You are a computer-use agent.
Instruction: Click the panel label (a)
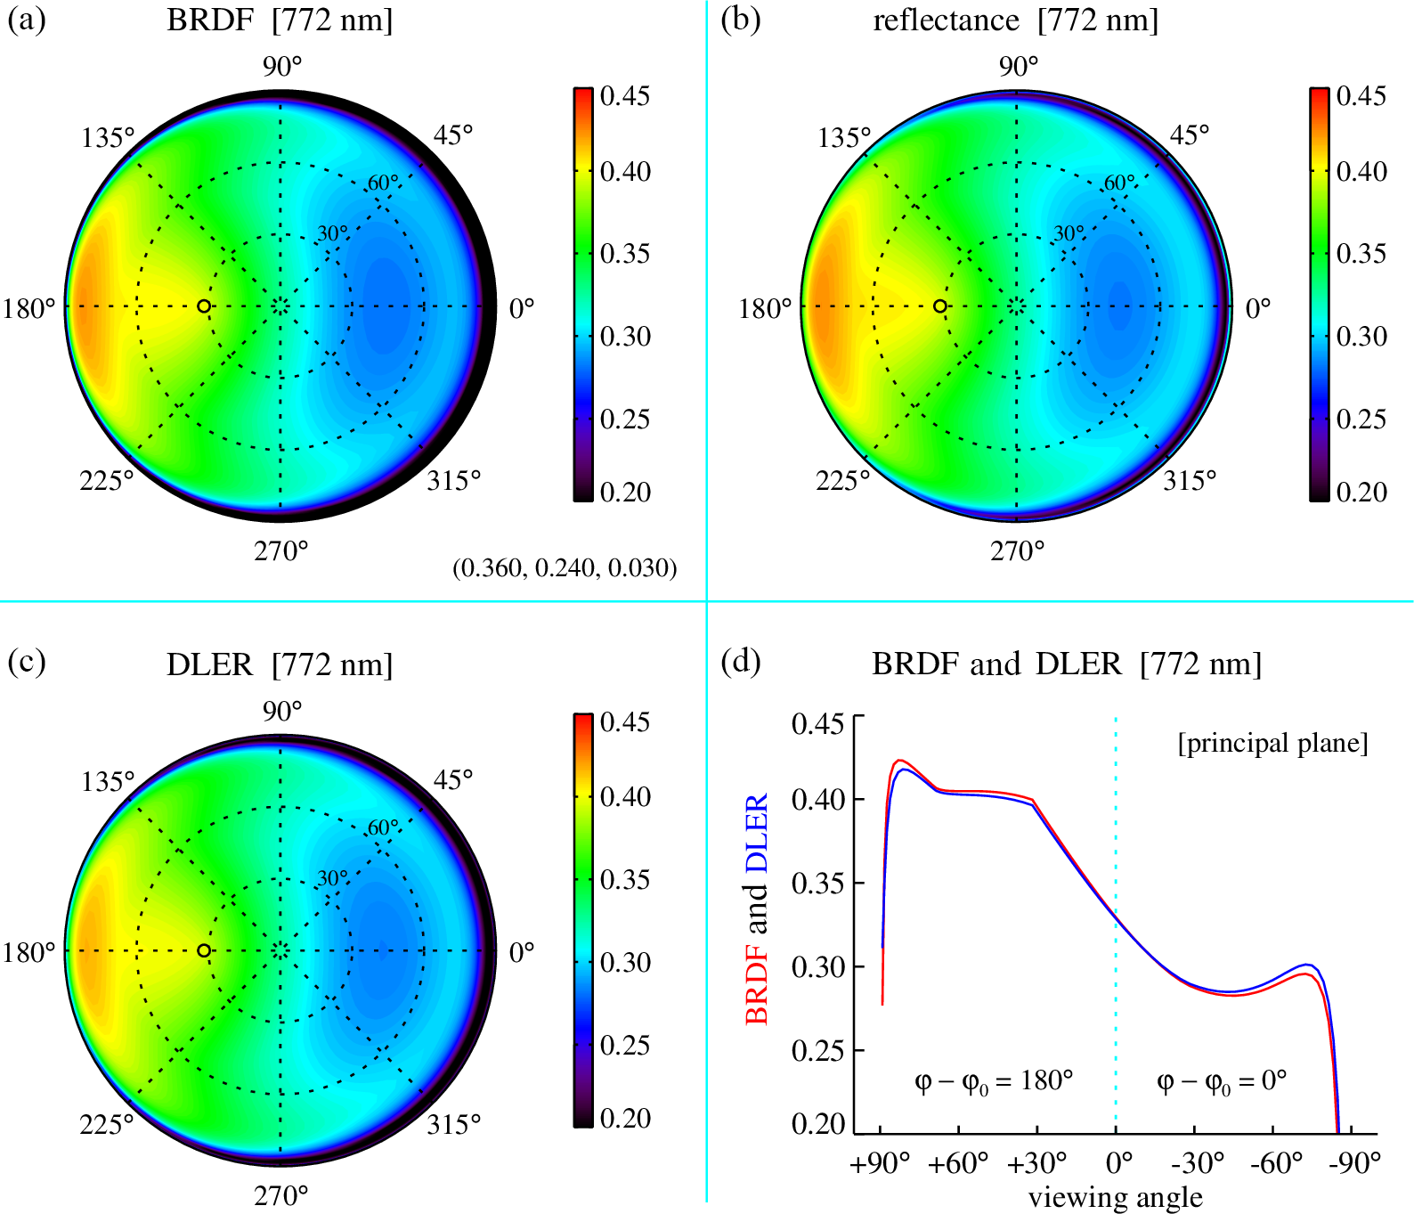(27, 20)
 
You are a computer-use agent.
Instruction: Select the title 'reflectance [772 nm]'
(1015, 20)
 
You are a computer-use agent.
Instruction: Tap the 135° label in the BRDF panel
(108, 138)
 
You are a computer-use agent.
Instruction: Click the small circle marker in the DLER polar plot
(204, 950)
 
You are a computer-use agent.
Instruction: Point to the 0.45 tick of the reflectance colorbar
(1361, 96)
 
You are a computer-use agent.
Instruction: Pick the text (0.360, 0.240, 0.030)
(565, 567)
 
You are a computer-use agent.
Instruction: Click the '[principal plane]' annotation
(1272, 743)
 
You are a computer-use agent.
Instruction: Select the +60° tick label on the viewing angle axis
(958, 1163)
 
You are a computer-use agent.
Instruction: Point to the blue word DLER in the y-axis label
(756, 832)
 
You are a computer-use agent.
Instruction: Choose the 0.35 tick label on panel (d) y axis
(817, 883)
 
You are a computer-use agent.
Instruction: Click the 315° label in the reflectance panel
(1190, 481)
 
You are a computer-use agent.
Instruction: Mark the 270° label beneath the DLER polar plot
(281, 1195)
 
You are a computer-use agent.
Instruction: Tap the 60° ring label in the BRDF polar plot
(384, 183)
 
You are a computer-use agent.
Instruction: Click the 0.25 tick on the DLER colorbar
(625, 1045)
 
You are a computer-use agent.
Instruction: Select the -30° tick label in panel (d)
(1197, 1163)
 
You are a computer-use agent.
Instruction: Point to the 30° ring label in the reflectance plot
(1069, 233)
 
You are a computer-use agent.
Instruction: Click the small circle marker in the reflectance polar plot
(940, 306)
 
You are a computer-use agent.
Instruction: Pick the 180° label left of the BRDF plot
(28, 309)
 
